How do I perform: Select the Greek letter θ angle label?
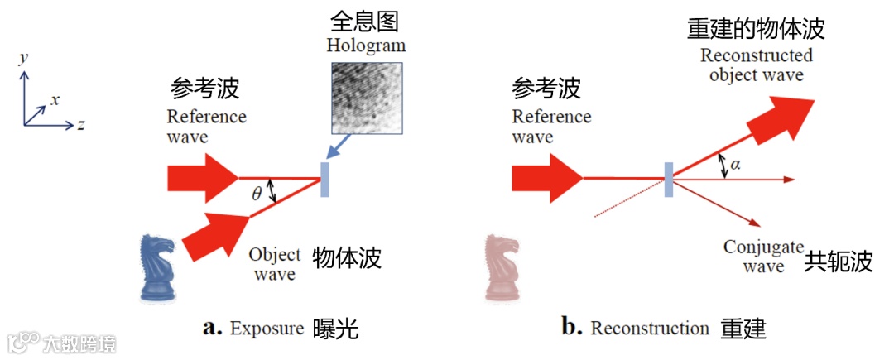coord(257,194)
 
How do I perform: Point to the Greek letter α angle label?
coord(736,164)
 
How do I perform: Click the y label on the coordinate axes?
coord(26,58)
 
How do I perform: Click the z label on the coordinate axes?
coord(82,126)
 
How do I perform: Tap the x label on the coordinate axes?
coord(55,100)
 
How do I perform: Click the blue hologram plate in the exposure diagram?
coord(324,180)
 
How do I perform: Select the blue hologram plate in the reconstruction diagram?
coord(667,180)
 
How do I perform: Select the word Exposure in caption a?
coord(267,329)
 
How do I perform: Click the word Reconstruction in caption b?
coord(650,329)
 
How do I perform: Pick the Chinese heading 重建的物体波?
coord(756,29)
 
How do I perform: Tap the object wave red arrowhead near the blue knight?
coord(218,232)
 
